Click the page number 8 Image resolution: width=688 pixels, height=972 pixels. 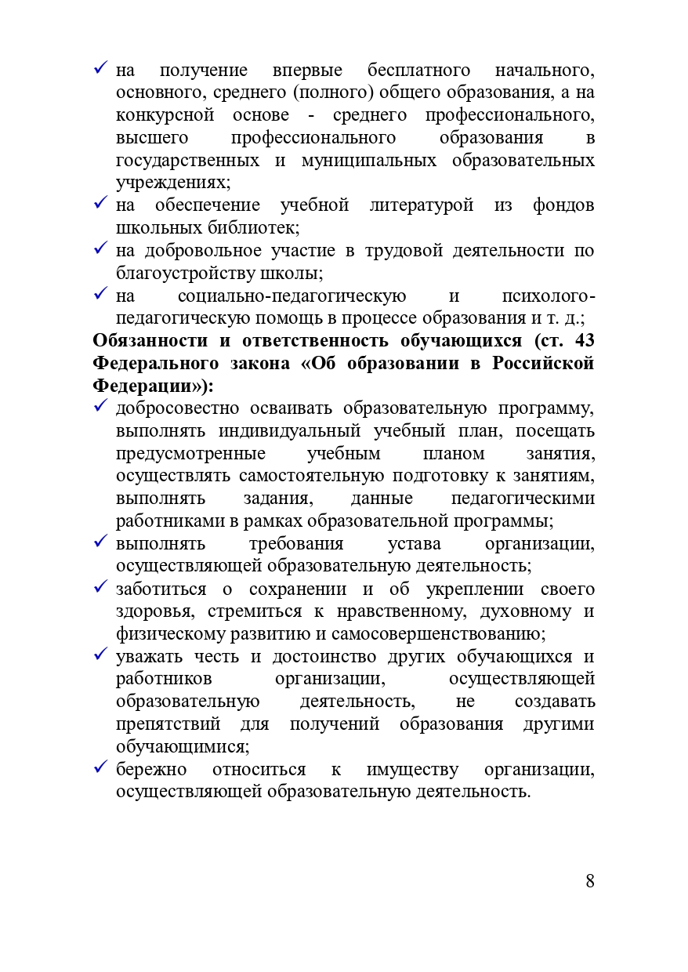[x=589, y=881]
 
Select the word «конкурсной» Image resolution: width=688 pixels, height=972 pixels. [x=165, y=116]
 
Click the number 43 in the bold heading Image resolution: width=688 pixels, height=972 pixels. [x=585, y=341]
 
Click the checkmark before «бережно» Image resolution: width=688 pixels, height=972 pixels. [x=100, y=769]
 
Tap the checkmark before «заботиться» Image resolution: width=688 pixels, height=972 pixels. [x=100, y=589]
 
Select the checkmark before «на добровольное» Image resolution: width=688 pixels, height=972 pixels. [x=100, y=250]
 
